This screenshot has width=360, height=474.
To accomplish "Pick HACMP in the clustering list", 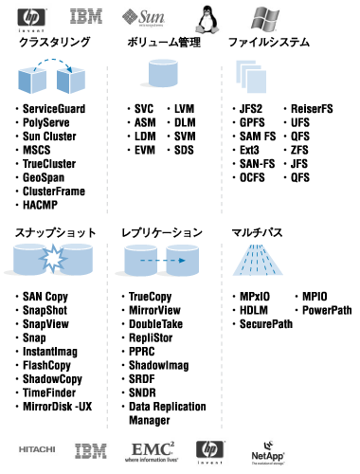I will coord(45,204).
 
